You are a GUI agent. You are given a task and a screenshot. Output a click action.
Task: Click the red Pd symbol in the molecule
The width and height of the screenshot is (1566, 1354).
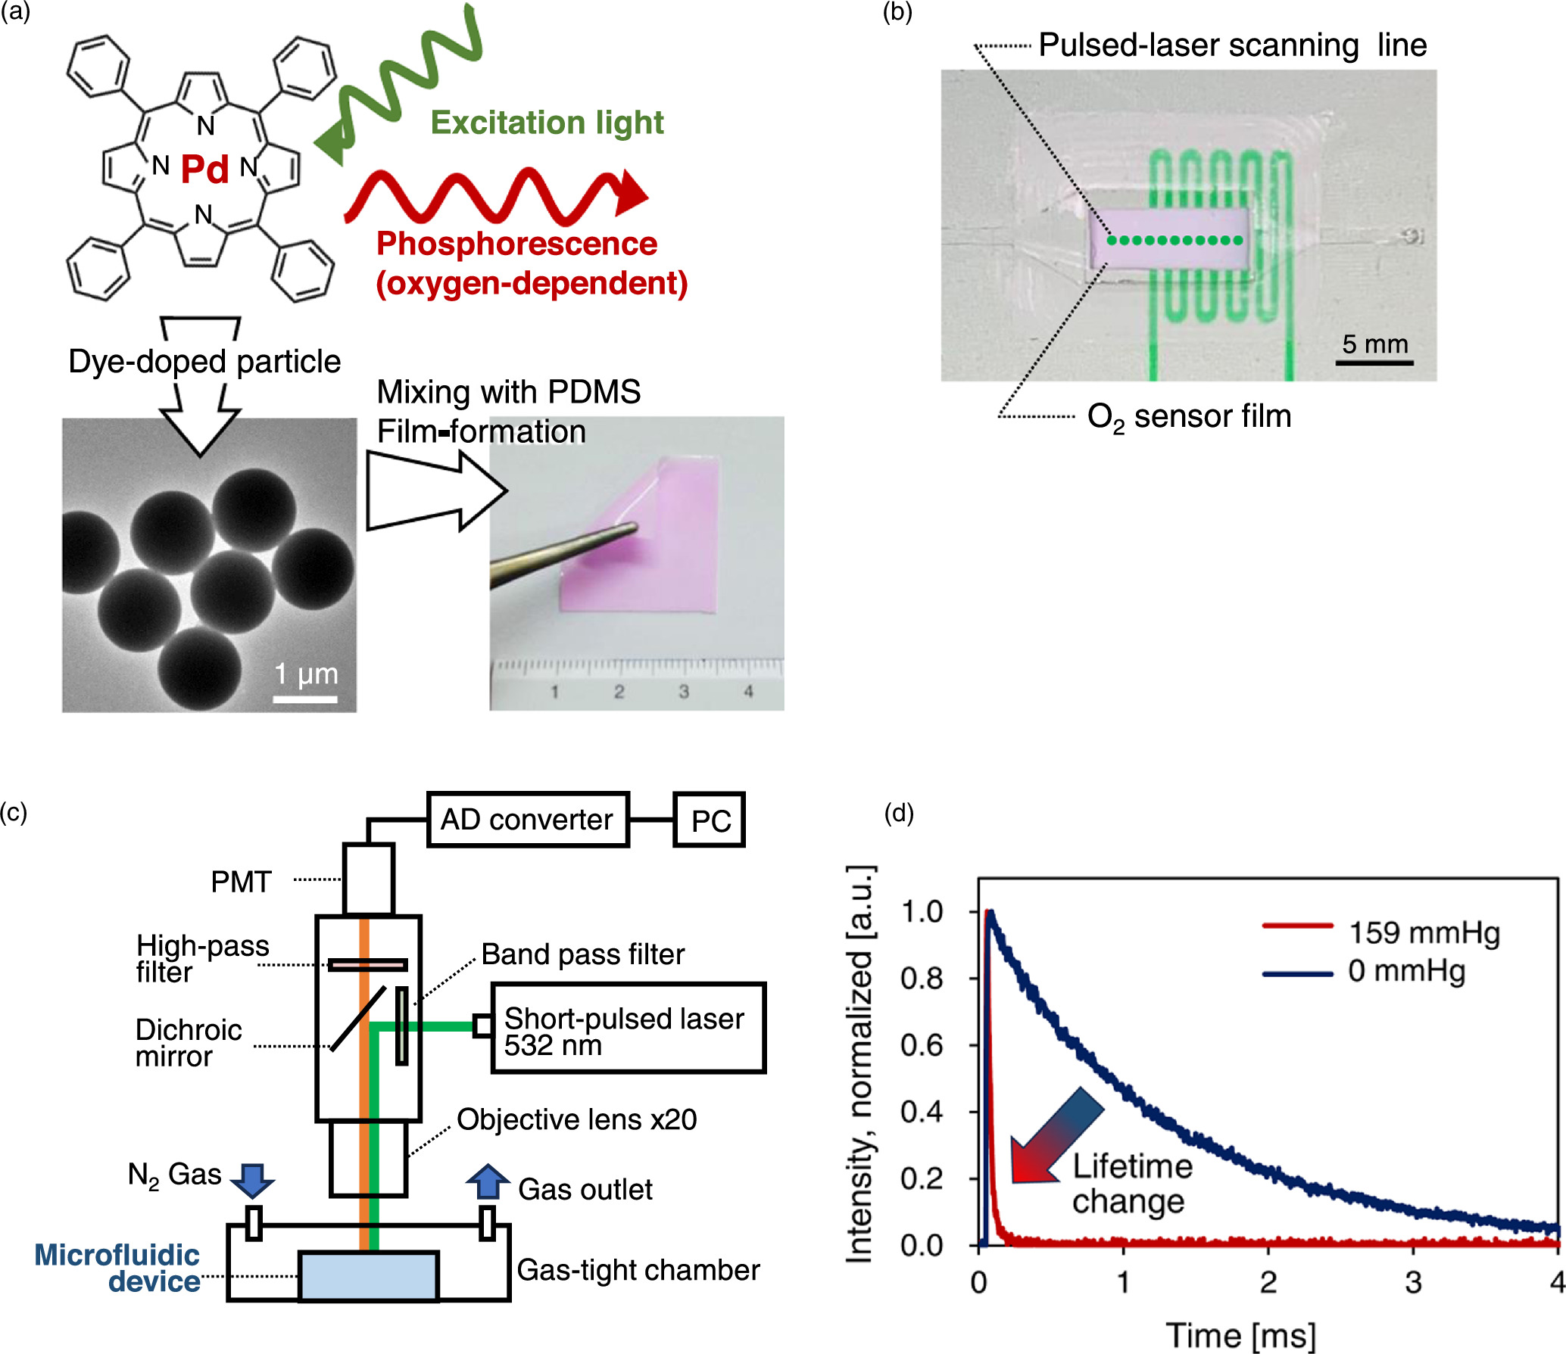click(x=204, y=169)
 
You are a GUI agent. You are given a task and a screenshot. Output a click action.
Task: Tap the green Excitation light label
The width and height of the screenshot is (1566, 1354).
click(x=547, y=123)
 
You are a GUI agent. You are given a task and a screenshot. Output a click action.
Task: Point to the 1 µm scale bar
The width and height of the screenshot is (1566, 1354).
click(x=304, y=698)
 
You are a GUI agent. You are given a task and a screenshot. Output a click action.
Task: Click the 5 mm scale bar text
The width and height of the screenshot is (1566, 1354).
click(x=1374, y=344)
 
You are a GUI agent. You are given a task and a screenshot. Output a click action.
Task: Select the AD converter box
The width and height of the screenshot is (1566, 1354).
click(x=528, y=820)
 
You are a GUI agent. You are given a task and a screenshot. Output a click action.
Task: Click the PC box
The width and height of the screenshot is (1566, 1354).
click(x=710, y=820)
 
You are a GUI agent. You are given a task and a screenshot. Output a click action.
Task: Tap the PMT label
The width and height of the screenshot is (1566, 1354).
click(x=241, y=882)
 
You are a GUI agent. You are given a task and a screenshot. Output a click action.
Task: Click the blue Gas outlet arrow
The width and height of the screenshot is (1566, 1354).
click(x=487, y=1181)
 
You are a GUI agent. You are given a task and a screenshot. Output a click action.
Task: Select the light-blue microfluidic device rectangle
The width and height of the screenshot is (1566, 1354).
click(x=369, y=1276)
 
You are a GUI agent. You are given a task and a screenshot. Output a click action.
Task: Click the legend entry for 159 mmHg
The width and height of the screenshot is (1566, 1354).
click(x=1424, y=932)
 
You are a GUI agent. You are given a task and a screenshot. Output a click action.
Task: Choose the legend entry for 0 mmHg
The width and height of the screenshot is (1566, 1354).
click(x=1406, y=971)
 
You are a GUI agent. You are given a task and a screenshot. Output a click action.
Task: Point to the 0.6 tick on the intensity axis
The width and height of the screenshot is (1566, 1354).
click(x=922, y=1045)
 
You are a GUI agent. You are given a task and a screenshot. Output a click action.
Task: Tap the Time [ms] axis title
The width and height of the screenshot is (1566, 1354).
click(x=1240, y=1335)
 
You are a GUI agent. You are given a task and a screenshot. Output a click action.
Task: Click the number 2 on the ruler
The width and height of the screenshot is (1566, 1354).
click(x=619, y=691)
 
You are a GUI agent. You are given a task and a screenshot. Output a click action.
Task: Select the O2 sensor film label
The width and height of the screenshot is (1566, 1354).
click(x=1189, y=416)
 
